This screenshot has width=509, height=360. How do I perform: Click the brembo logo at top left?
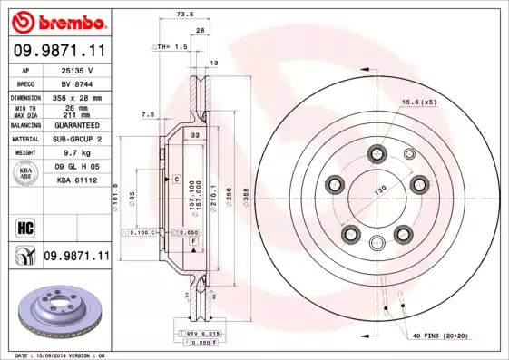(x=56, y=20)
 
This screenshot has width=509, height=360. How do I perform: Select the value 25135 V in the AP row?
(x=78, y=70)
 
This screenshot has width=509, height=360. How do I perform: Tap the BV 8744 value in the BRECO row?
(x=78, y=83)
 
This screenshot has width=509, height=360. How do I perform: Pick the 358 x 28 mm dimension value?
(x=78, y=96)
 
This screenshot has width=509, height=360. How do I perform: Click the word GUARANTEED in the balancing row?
(x=78, y=125)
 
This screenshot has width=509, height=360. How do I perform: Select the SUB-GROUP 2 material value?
(x=78, y=140)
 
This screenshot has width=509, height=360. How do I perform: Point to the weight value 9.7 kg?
(x=78, y=154)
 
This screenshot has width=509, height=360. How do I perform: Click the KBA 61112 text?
(x=78, y=180)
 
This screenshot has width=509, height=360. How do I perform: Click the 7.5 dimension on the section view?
(x=148, y=114)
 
